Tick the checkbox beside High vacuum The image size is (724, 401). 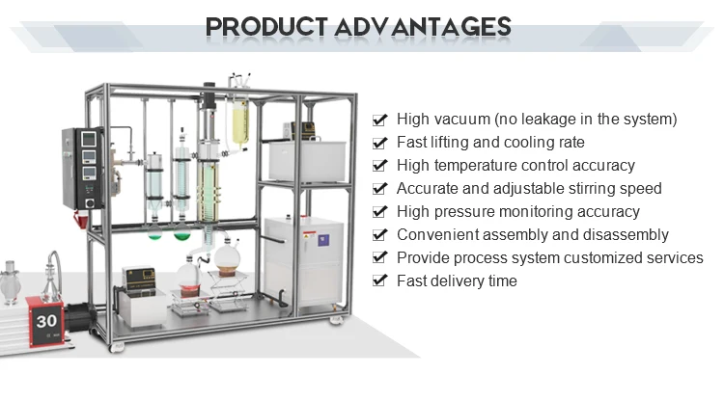coord(380,120)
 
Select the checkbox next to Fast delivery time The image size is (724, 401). coord(380,282)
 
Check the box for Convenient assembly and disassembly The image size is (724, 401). coord(380,236)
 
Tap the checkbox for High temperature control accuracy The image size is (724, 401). coord(380,167)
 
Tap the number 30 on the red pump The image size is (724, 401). coord(46,321)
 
